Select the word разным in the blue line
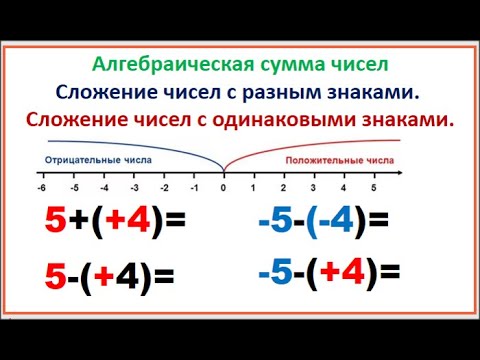(x=281, y=93)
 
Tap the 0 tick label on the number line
(x=223, y=187)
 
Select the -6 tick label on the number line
(x=41, y=187)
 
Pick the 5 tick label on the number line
(x=373, y=187)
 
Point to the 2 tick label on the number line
(x=283, y=187)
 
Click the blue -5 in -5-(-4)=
(x=275, y=221)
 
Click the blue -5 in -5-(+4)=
(x=275, y=272)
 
